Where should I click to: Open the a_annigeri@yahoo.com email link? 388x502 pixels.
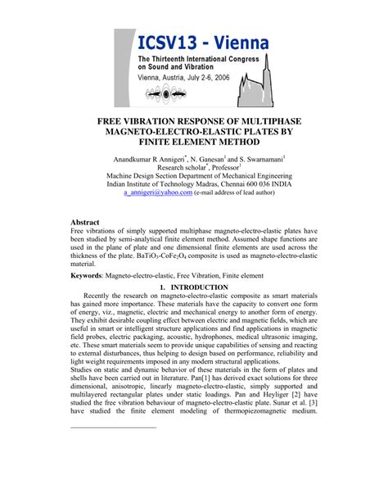pyautogui.click(x=158, y=192)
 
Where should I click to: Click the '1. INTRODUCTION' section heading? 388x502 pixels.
pyautogui.click(x=194, y=289)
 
